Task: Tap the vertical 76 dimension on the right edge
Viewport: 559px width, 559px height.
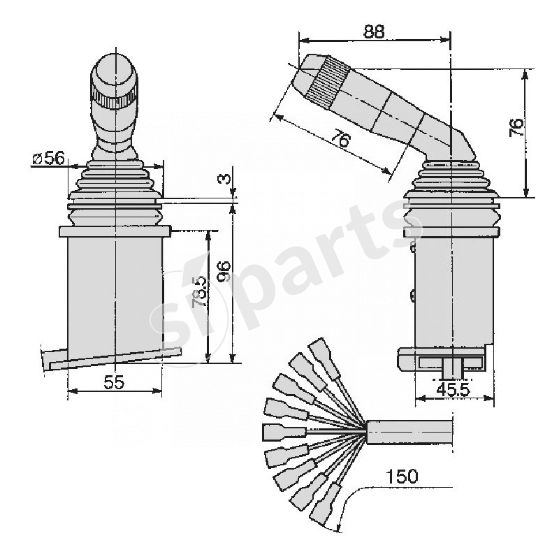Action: coord(516,126)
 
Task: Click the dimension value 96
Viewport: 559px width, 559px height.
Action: coord(223,271)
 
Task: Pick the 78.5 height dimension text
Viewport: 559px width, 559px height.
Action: coord(200,292)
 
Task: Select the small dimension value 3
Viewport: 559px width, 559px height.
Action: coord(223,178)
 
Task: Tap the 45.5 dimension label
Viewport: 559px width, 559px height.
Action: coord(452,389)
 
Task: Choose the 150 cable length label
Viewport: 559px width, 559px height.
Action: coord(402,477)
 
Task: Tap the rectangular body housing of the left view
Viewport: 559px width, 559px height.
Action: coord(115,293)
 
